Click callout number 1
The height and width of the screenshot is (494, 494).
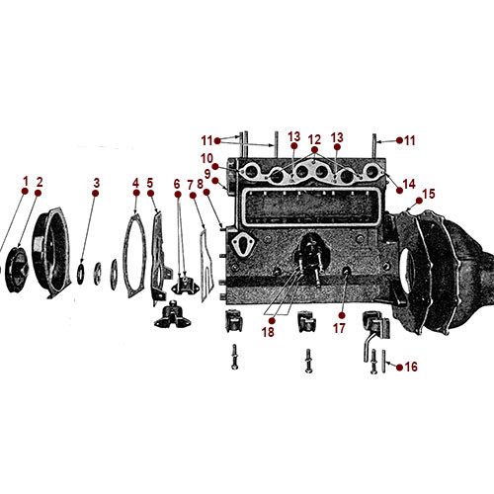pos(26,182)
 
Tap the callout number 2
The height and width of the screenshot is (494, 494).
pos(40,182)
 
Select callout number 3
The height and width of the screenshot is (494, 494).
pos(96,183)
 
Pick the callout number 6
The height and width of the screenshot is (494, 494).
pos(178,183)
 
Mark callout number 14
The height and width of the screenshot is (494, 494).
pos(410,185)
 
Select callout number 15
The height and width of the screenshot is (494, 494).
pos(428,194)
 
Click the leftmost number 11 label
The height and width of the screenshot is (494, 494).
pos(206,139)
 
